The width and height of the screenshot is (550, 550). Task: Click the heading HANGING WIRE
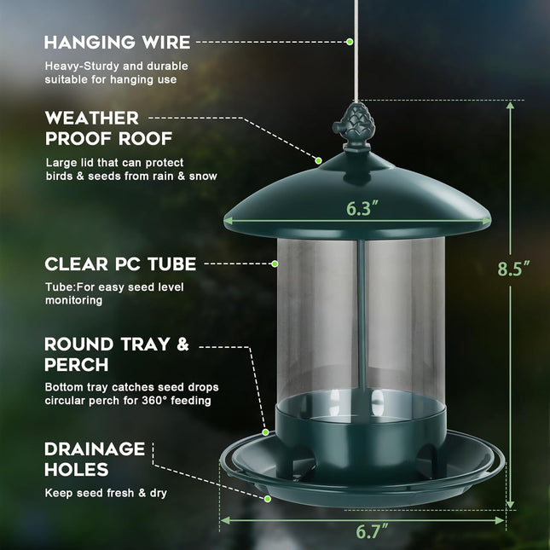(117, 42)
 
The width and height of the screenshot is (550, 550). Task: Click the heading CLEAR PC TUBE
(120, 263)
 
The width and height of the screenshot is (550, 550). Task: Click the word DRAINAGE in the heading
(95, 449)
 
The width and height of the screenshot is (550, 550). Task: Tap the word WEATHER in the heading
(91, 118)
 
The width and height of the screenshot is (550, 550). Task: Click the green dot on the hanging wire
(350, 41)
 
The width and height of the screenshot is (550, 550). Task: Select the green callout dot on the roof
(318, 159)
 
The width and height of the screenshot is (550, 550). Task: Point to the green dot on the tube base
(266, 432)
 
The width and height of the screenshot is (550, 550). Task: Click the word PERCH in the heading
(78, 364)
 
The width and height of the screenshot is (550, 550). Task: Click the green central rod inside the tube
(362, 316)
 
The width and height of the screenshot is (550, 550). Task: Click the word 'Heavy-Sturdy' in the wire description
(81, 66)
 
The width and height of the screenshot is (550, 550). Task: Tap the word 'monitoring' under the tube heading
(74, 300)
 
